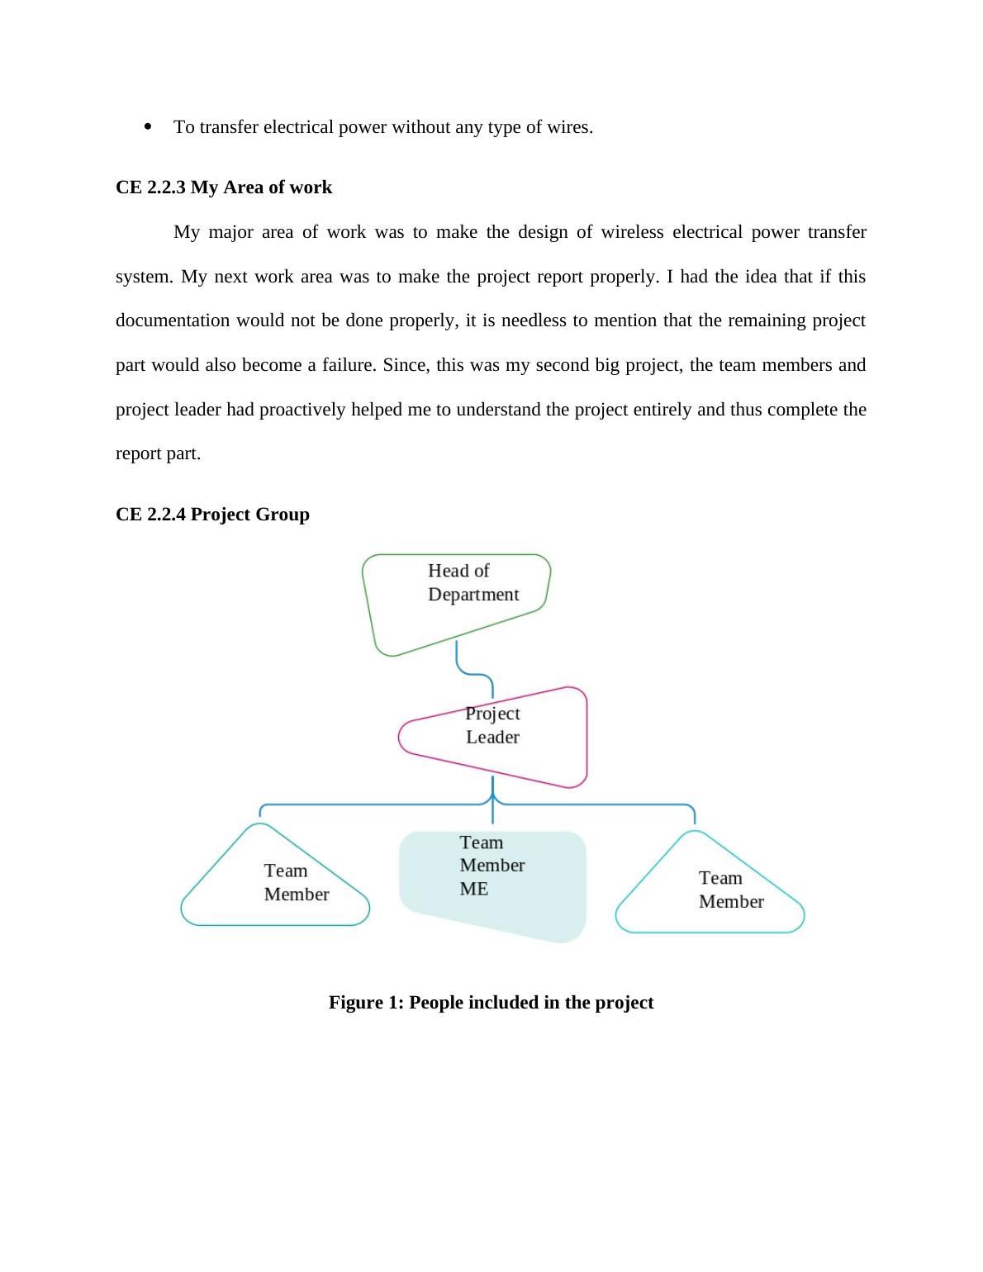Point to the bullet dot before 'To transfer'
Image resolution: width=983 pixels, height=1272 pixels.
click(x=149, y=126)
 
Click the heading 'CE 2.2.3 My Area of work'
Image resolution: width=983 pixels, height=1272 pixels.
click(x=224, y=187)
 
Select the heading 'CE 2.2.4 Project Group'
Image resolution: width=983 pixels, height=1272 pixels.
click(x=212, y=515)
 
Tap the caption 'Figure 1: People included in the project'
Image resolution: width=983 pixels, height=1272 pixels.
click(x=491, y=1003)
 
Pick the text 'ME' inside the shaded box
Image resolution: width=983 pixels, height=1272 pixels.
click(x=474, y=889)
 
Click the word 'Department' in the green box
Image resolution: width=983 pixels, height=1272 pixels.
click(x=473, y=595)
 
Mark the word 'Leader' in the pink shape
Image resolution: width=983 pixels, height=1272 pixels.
click(x=492, y=737)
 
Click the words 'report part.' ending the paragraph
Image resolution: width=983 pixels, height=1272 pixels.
click(x=158, y=453)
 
